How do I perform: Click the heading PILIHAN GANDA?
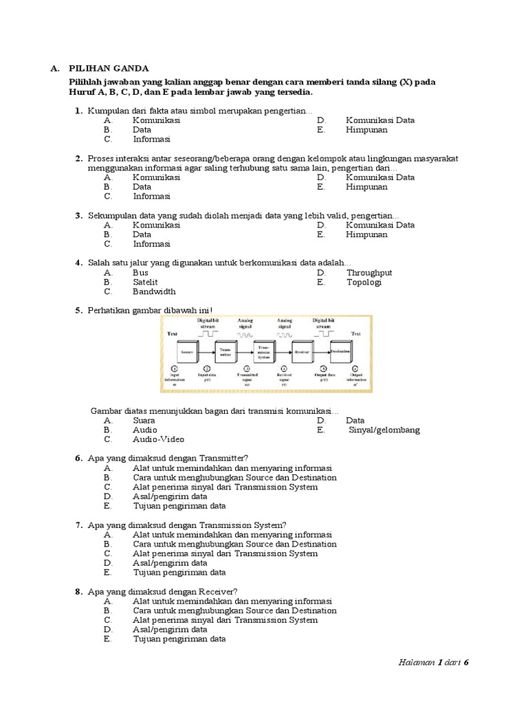click(108, 68)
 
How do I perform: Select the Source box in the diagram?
click(187, 352)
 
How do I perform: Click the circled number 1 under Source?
click(175, 368)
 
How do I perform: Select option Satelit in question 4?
click(145, 282)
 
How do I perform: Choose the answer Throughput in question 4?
click(369, 272)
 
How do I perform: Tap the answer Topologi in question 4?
click(364, 282)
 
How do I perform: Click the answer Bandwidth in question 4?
click(154, 291)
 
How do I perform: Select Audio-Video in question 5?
click(158, 439)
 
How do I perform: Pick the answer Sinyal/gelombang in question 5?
click(384, 430)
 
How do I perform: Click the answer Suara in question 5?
click(144, 420)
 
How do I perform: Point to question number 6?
click(78, 458)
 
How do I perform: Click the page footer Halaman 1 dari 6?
click(433, 662)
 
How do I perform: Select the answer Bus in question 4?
click(140, 272)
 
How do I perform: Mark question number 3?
click(78, 215)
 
